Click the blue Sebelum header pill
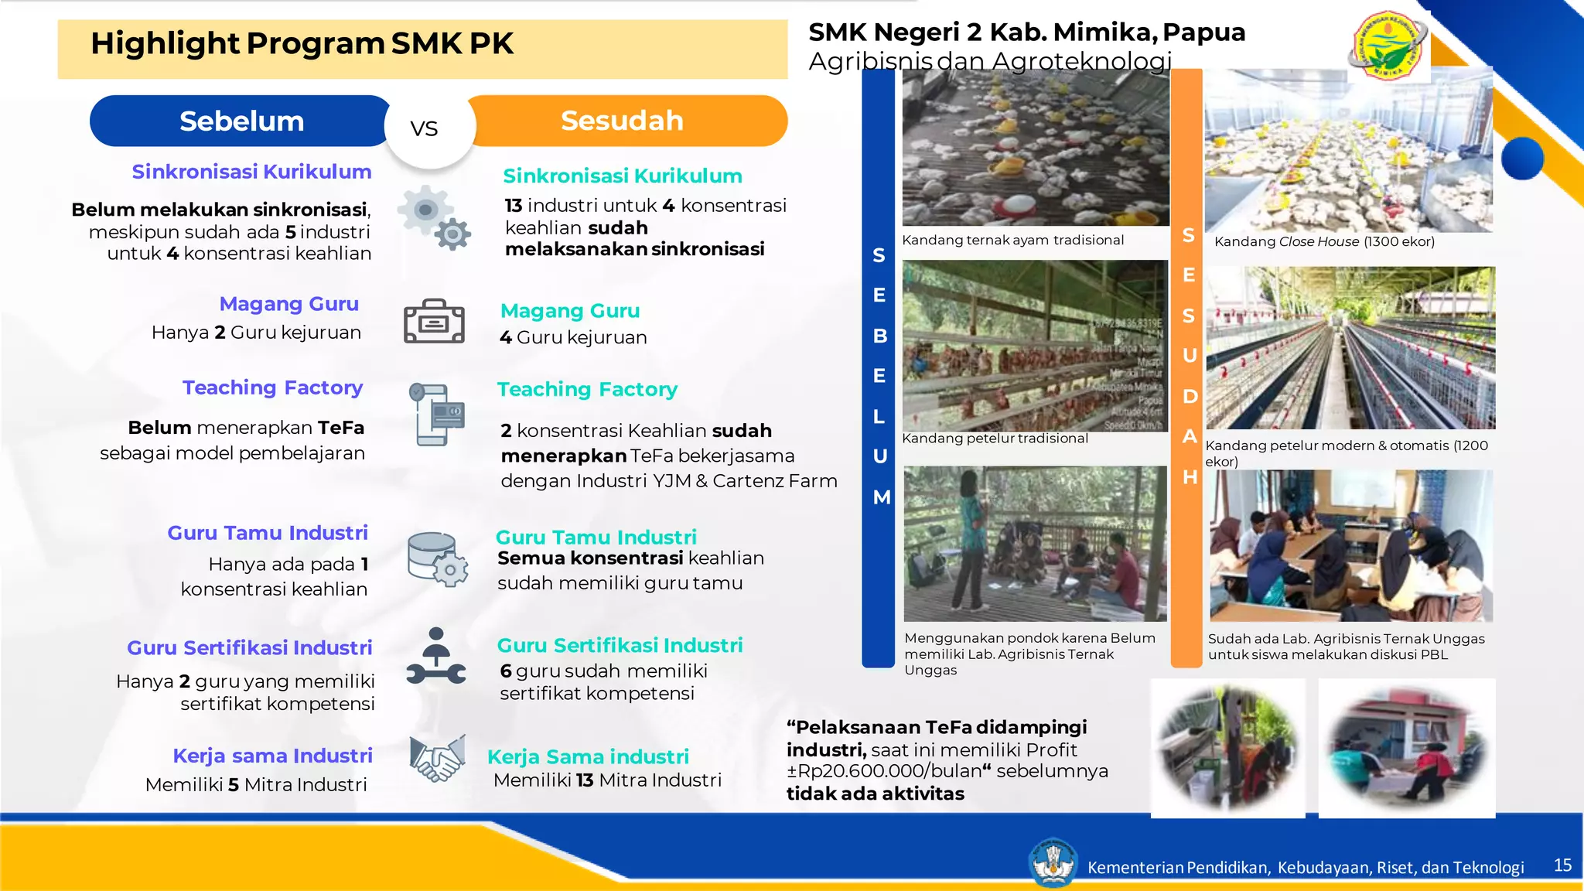tap(241, 121)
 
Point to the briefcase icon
tap(434, 321)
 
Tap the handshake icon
tap(438, 759)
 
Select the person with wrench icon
tap(436, 657)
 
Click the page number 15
tap(1562, 865)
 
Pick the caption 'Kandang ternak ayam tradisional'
tap(1012, 241)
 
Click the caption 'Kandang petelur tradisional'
tap(995, 439)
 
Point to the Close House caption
tap(1324, 241)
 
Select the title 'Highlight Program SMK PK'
tap(302, 44)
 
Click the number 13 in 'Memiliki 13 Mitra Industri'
tap(585, 780)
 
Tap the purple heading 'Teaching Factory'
tap(272, 387)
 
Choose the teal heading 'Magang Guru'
tap(570, 311)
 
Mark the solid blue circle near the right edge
tap(1522, 159)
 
